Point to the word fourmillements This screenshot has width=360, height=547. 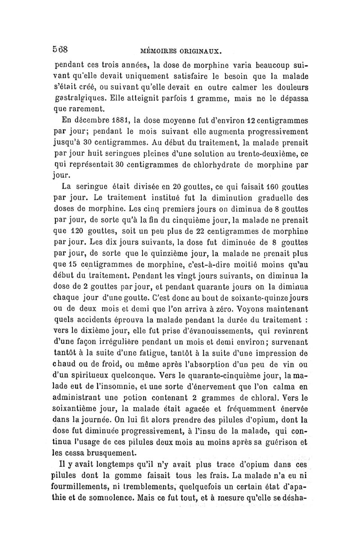(x=84, y=486)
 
